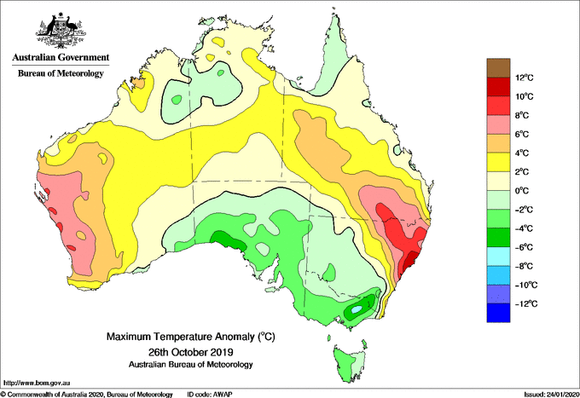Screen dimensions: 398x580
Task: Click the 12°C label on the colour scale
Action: click(x=524, y=78)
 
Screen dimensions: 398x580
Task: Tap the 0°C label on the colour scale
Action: click(x=523, y=191)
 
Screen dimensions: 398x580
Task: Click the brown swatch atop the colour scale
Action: click(x=497, y=68)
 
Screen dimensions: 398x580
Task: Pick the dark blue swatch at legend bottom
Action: click(x=497, y=313)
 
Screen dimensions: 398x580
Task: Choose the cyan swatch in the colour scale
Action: click(x=497, y=256)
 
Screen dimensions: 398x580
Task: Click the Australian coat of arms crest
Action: click(x=60, y=30)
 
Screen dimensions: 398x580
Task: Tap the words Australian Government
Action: click(x=60, y=58)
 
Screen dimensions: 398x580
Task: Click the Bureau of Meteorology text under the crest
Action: click(x=60, y=74)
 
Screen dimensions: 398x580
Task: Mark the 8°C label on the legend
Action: click(x=523, y=115)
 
